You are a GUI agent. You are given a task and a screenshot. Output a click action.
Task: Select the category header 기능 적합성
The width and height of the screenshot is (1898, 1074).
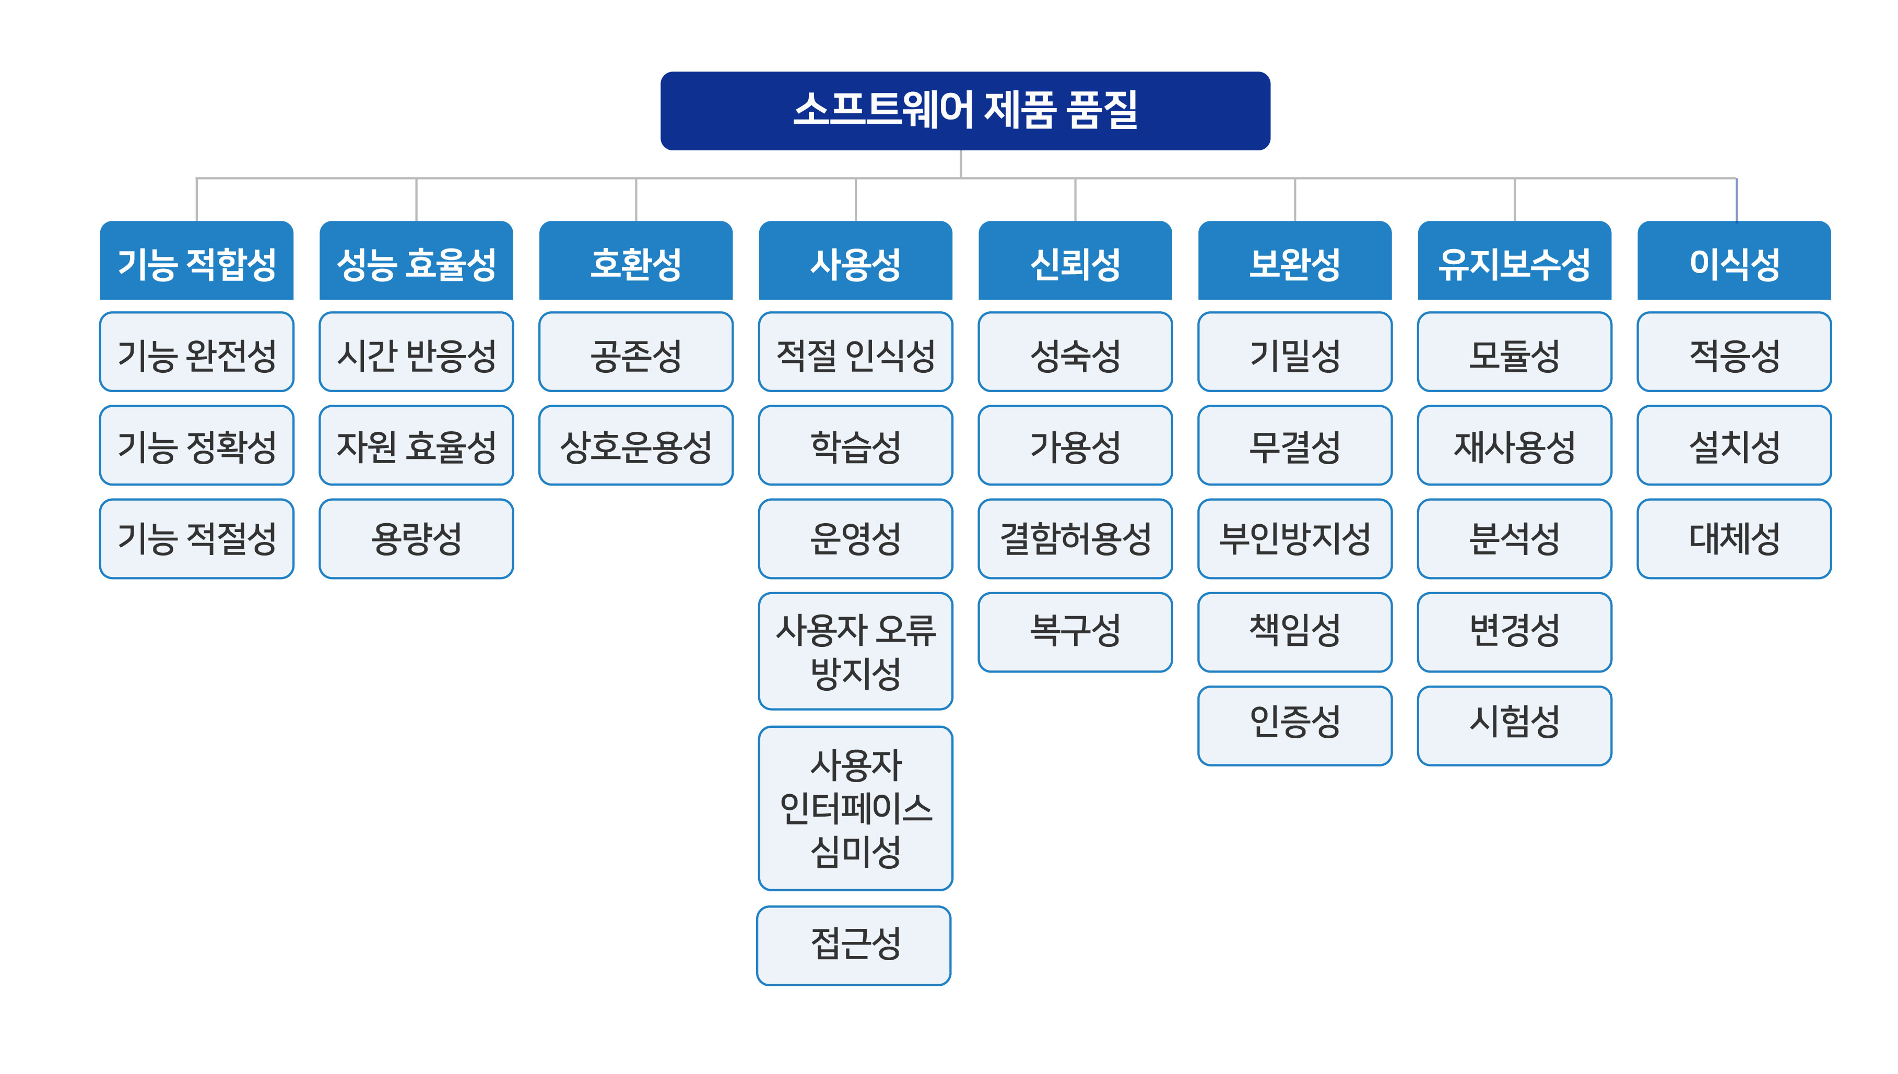click(x=196, y=261)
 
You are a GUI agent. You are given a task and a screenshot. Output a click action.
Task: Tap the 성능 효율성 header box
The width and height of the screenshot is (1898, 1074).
click(x=416, y=261)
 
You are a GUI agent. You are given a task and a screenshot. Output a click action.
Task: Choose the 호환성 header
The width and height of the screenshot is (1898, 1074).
click(x=636, y=261)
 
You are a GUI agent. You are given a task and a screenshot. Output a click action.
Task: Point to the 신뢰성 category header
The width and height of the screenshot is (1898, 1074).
click(x=1075, y=261)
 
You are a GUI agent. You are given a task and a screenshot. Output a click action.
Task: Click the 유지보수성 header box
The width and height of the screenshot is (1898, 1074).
click(x=1514, y=261)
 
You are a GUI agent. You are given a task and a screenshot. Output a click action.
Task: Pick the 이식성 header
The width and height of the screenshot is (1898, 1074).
click(x=1734, y=261)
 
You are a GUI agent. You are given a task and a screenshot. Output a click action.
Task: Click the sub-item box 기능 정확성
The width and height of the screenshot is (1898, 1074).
click(x=196, y=445)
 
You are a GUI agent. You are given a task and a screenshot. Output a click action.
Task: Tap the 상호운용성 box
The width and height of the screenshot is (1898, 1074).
click(x=636, y=445)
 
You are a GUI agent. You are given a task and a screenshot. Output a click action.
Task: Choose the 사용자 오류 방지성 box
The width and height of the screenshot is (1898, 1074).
click(x=856, y=651)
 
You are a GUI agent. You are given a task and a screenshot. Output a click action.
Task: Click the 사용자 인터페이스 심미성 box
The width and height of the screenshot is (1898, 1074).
click(x=856, y=808)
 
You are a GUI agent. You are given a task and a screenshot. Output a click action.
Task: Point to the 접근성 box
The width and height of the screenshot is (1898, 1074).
click(x=854, y=946)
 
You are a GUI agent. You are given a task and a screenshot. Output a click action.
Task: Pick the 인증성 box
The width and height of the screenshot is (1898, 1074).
click(x=1294, y=726)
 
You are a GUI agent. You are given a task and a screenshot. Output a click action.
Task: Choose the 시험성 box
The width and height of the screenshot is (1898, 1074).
click(x=1514, y=726)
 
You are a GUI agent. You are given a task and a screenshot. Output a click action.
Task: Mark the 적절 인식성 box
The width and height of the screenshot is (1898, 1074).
click(x=856, y=352)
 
